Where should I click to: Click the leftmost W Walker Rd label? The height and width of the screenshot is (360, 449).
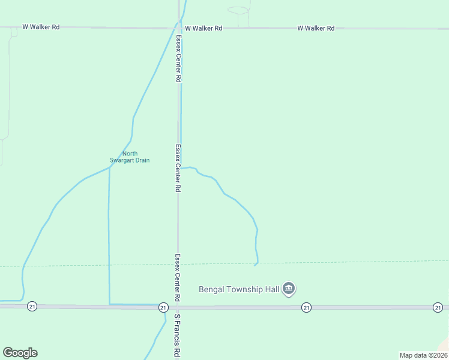pyautogui.click(x=41, y=27)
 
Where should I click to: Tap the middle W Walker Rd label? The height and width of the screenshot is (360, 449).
pyautogui.click(x=203, y=28)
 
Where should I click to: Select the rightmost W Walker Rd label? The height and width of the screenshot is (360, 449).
pyautogui.click(x=316, y=28)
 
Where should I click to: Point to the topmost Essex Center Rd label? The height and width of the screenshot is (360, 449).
pyautogui.click(x=178, y=58)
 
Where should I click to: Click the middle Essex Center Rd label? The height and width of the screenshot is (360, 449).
pyautogui.click(x=178, y=167)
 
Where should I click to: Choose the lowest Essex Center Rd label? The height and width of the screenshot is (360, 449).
pyautogui.click(x=178, y=277)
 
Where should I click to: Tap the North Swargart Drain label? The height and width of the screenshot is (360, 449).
pyautogui.click(x=130, y=157)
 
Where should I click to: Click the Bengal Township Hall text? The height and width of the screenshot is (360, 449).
pyautogui.click(x=240, y=290)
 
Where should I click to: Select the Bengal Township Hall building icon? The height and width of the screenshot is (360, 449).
pyautogui.click(x=289, y=289)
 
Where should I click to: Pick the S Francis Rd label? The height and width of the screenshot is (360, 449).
pyautogui.click(x=177, y=336)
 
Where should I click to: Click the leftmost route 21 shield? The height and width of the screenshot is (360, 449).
pyautogui.click(x=32, y=306)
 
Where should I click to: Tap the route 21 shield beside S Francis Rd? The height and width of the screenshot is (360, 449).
pyautogui.click(x=163, y=307)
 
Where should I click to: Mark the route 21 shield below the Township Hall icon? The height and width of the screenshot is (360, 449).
pyautogui.click(x=306, y=307)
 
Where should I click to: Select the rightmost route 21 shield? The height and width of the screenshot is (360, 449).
pyautogui.click(x=438, y=307)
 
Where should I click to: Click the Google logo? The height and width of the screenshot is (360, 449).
pyautogui.click(x=20, y=353)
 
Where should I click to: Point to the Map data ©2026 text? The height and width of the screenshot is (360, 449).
pyautogui.click(x=423, y=355)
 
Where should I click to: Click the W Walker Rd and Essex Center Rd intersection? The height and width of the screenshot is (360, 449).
pyautogui.click(x=178, y=28)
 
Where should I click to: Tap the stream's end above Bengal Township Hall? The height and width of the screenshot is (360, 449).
pyautogui.click(x=255, y=265)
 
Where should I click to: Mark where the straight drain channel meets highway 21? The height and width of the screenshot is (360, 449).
pyautogui.click(x=109, y=305)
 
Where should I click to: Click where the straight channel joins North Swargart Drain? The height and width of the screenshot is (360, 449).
pyautogui.click(x=109, y=168)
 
